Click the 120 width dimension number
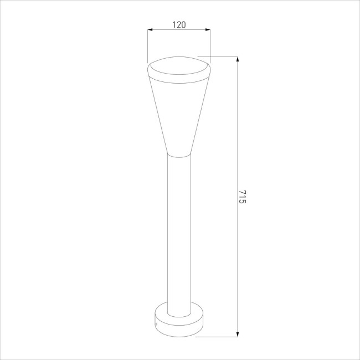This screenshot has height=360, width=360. (179, 25)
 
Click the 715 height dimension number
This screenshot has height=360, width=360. (243, 197)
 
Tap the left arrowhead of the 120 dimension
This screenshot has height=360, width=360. (150, 29)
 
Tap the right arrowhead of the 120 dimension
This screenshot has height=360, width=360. (208, 29)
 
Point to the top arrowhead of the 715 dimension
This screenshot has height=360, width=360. (238, 59)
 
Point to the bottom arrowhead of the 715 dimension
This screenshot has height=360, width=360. (238, 335)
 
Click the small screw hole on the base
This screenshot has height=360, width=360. (157, 324)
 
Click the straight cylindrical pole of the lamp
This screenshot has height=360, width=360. (179, 234)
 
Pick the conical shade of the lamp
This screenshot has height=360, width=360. (179, 115)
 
